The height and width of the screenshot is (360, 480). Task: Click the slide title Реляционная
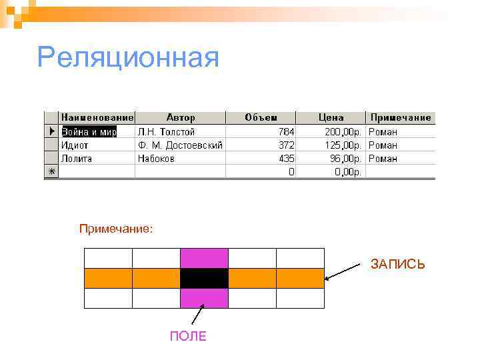tap(128, 58)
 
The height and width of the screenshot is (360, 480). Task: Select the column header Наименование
tap(97, 117)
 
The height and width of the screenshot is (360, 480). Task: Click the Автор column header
tap(181, 117)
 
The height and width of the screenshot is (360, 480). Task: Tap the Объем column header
tap(261, 117)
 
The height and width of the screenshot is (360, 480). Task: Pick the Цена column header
tap(331, 117)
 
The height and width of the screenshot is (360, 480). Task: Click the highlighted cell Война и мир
tap(89, 131)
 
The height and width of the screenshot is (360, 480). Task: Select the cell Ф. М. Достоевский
tap(180, 145)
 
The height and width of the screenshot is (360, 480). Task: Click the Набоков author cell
tap(156, 159)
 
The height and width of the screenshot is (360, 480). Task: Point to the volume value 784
tap(287, 131)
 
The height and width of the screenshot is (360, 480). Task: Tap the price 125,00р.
tap(343, 145)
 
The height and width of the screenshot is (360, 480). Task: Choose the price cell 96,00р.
tap(346, 159)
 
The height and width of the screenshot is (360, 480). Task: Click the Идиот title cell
tap(75, 145)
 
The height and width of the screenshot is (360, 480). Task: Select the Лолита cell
tap(77, 159)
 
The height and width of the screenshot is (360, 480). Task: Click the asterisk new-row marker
tap(51, 172)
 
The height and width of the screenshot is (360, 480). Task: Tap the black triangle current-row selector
tap(51, 131)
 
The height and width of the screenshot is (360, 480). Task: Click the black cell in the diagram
tap(204, 278)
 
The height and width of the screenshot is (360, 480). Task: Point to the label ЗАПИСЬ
tap(397, 265)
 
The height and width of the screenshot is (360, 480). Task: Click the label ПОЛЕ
tap(188, 336)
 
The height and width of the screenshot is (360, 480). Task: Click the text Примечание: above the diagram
tap(116, 229)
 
